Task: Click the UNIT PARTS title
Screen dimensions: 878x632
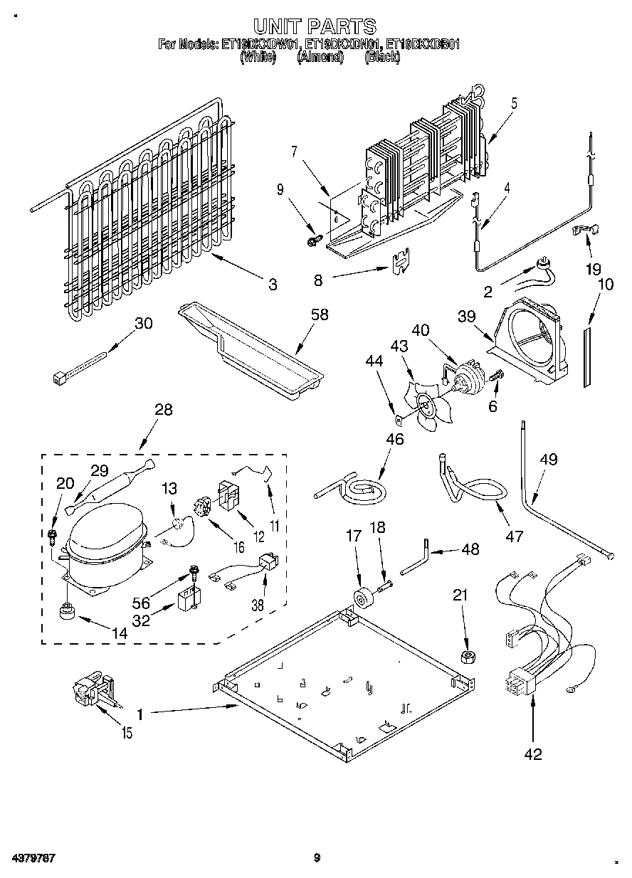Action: tap(315, 26)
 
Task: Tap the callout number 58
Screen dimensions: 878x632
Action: tap(320, 314)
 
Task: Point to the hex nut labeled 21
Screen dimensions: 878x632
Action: tap(467, 656)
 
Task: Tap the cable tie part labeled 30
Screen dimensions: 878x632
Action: tap(79, 361)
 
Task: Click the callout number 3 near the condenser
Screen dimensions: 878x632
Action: tap(272, 285)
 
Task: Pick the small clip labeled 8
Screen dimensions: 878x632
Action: tap(401, 261)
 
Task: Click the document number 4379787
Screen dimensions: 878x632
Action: tap(33, 859)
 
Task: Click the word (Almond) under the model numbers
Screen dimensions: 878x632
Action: tap(320, 58)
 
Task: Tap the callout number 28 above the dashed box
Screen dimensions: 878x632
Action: tap(163, 410)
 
